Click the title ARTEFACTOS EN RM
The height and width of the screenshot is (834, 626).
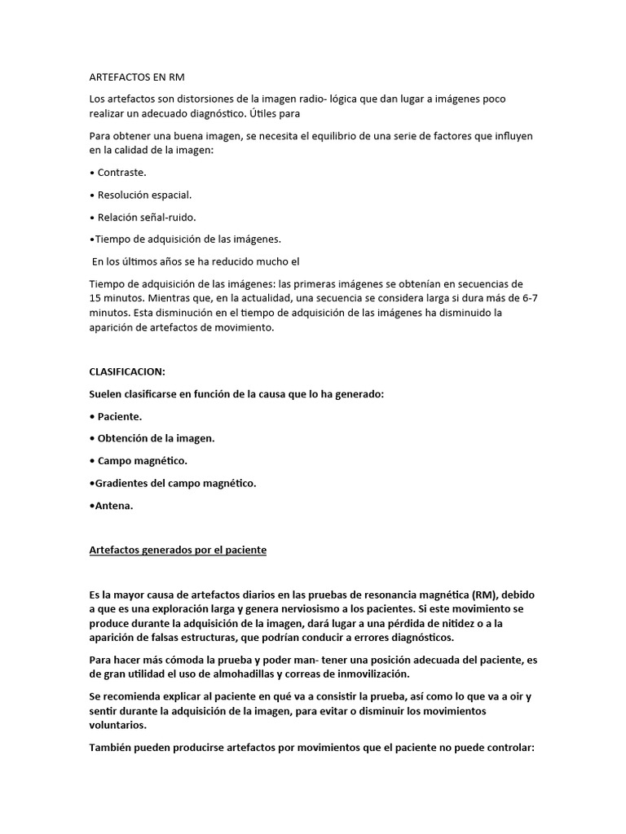[137, 77]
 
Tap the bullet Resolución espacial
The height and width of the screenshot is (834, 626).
[143, 195]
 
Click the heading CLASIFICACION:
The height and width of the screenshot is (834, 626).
[126, 371]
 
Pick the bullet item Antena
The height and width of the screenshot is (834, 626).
[112, 505]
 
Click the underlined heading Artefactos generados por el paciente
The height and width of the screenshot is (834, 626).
[177, 550]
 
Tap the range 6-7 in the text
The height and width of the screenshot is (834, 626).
[528, 298]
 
